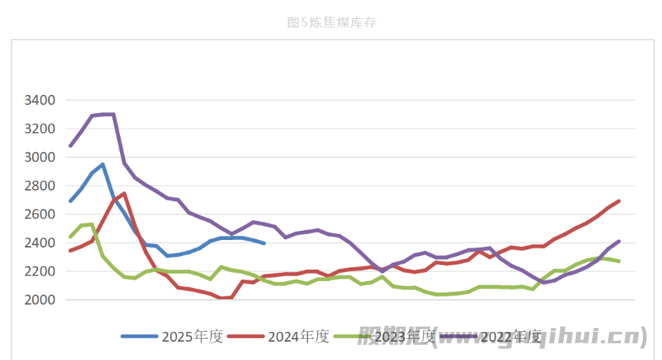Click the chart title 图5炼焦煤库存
click(x=331, y=23)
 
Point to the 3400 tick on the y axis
click(x=40, y=100)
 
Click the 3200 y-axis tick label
click(x=40, y=129)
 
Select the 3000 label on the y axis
click(x=40, y=157)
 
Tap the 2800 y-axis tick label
click(x=40, y=186)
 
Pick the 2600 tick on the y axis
click(x=40, y=214)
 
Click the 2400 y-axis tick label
click(x=40, y=243)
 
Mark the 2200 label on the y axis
click(x=40, y=271)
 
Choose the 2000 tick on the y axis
click(x=40, y=300)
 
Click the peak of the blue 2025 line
click(x=103, y=164)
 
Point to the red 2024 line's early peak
click(x=124, y=193)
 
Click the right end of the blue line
click(x=264, y=243)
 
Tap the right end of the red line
click(x=619, y=201)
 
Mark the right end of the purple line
click(x=619, y=242)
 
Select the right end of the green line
click(x=619, y=261)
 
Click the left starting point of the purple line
click(x=71, y=145)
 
